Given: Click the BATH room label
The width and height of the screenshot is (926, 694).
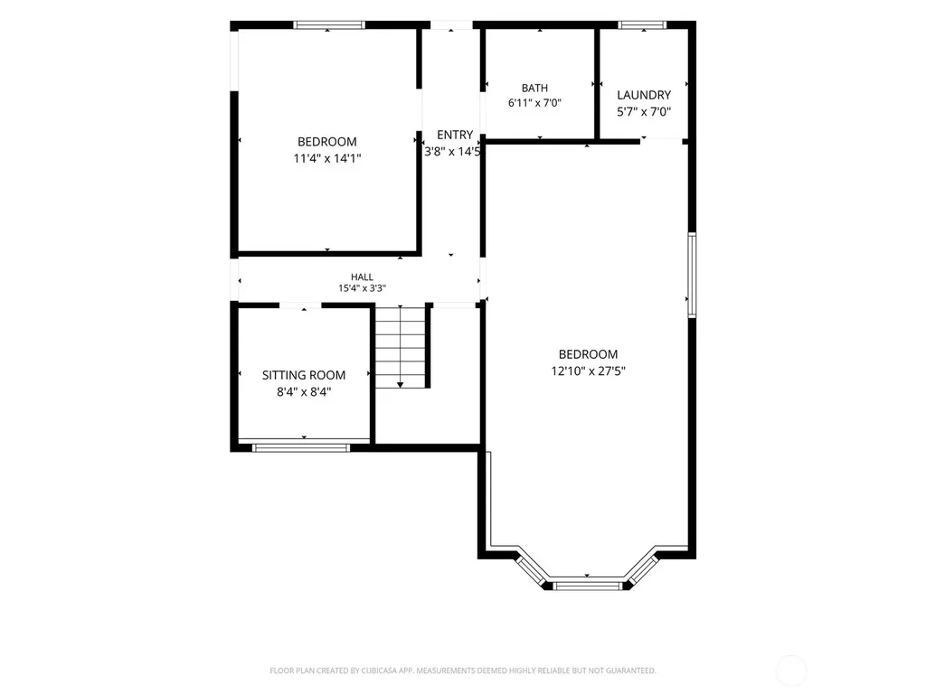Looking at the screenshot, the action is coord(534,88).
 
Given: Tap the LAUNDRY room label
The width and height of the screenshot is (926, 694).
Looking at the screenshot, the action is coord(644,95).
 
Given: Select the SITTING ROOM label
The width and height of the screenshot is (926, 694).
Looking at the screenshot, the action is coord(304,375).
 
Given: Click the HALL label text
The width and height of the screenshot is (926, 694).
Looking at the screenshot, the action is coord(362,277).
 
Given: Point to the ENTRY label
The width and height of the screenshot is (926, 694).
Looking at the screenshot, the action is coord(455,136).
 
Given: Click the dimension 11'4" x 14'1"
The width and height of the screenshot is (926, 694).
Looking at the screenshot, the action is coord(327,158).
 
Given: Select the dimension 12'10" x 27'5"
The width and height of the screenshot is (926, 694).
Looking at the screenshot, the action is coord(588,371).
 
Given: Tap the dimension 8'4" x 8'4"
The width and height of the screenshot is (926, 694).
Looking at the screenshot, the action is coord(304,392).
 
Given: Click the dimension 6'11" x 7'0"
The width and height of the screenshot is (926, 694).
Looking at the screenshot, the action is coord(534,103).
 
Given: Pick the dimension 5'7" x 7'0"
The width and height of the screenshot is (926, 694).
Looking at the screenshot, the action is coord(644,111).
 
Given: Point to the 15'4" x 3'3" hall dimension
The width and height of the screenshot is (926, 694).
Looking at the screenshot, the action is coord(362,288).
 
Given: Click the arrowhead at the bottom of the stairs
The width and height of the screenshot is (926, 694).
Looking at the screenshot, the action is coord(401,385).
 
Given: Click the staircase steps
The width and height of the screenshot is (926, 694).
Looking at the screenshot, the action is coord(401,347).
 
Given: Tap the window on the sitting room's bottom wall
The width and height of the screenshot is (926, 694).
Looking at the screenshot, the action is coord(301,448).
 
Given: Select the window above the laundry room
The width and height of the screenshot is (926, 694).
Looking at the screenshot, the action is coord(643,24).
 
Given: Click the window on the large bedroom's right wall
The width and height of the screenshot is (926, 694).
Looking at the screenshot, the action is coord(692,276).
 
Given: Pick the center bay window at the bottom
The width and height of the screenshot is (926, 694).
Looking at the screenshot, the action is coord(588,586).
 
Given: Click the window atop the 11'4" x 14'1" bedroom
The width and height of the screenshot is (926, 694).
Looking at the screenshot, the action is coord(329,24).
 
